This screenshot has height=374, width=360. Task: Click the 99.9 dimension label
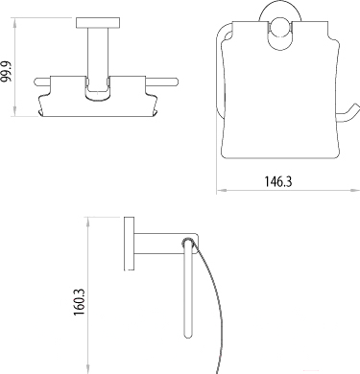(x=7, y=71)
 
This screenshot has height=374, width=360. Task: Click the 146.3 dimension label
(x=278, y=181)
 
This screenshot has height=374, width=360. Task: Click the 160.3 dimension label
(x=79, y=302)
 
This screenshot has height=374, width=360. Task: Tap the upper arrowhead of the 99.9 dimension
(x=14, y=21)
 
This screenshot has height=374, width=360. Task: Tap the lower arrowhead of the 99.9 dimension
(x=14, y=112)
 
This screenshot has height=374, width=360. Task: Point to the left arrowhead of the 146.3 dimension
(x=221, y=190)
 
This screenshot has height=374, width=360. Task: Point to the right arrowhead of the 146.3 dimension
(x=355, y=190)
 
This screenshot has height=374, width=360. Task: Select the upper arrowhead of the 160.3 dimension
(x=87, y=222)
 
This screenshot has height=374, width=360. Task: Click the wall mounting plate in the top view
(x=98, y=23)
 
